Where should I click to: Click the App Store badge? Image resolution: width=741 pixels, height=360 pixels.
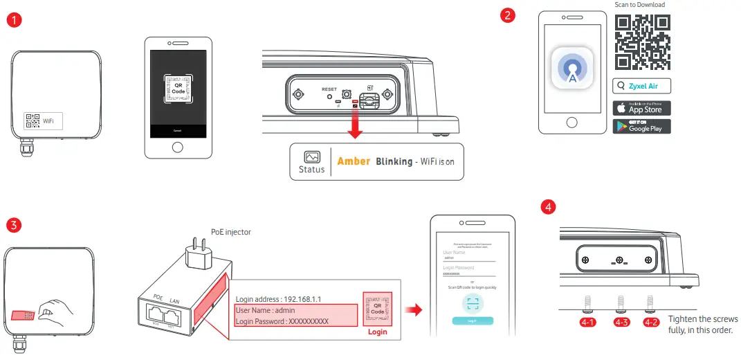[x=641, y=108]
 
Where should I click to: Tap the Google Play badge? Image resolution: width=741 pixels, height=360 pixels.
[x=641, y=126]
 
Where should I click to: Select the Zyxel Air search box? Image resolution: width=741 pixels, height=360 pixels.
[x=641, y=87]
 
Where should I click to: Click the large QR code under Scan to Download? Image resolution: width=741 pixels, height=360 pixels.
[x=643, y=42]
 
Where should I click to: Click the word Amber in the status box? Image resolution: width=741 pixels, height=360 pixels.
[x=354, y=161]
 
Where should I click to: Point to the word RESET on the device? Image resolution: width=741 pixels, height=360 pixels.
[x=329, y=89]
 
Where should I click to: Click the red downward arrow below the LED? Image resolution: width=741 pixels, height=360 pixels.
[x=356, y=125]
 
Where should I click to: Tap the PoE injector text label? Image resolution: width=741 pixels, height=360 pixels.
[x=230, y=233]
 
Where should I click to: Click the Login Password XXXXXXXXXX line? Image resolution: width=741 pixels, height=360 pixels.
[x=282, y=321]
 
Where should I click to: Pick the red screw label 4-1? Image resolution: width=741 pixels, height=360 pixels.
[x=587, y=322]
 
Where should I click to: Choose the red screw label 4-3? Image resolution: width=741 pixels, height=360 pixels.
[x=621, y=322]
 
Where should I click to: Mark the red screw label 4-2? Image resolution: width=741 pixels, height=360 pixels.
[x=650, y=322]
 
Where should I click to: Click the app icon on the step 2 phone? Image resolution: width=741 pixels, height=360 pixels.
[x=571, y=68]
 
